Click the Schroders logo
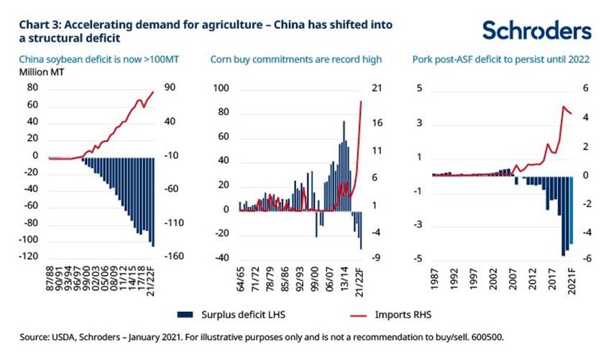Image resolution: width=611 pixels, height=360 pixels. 536,31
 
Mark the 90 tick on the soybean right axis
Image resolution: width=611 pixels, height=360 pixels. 171,88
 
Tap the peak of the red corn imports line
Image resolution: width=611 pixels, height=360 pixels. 361,101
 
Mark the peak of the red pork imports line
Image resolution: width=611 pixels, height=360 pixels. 563,106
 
